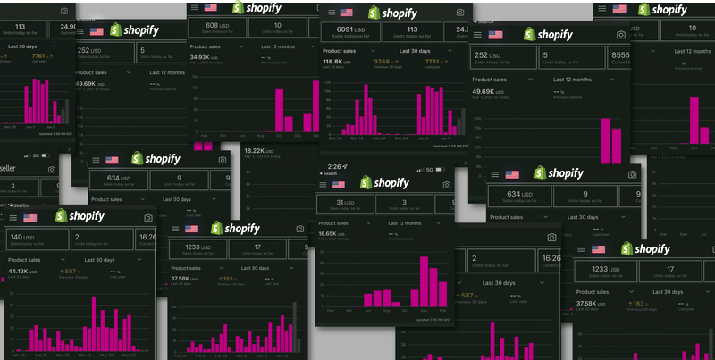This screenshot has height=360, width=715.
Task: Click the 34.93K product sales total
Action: [205, 57]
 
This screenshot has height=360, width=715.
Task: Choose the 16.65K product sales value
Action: [333, 233]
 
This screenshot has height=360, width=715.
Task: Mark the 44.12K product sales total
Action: [21, 271]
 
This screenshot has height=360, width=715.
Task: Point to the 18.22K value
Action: [256, 151]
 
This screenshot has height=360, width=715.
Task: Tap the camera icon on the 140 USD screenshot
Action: [147, 217]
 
